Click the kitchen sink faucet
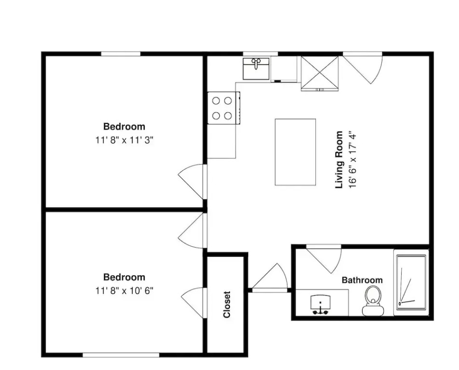pos(256,63)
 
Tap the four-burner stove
pos(224,108)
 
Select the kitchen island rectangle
pos(296,152)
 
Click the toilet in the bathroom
pos(373,301)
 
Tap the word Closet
pos(227,304)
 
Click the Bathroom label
pos(362,280)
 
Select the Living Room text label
pos(338,159)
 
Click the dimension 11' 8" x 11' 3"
pos(124,140)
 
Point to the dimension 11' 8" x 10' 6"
pos(124,291)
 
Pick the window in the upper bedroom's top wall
pos(121,54)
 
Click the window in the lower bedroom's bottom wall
pos(121,355)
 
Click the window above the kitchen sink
pos(260,54)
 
